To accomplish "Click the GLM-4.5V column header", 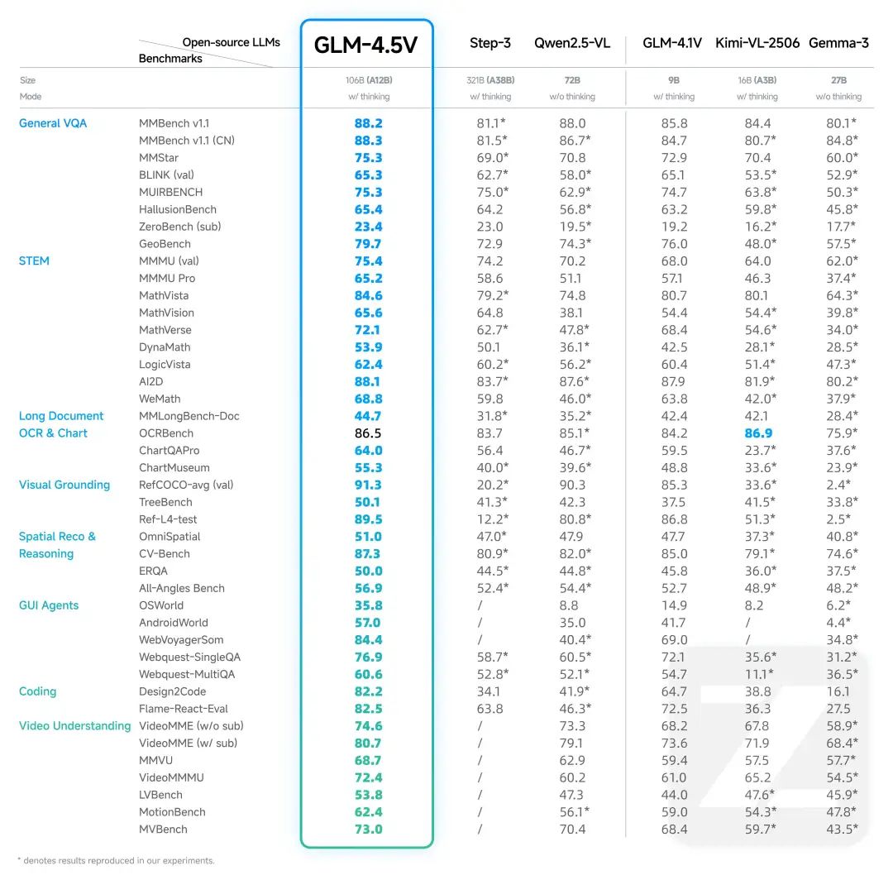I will click(366, 45).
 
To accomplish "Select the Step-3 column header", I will click(490, 43).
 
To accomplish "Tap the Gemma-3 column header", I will click(838, 43).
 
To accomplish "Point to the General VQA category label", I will click(53, 123).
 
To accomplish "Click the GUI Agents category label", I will click(49, 605).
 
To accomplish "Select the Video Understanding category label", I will click(74, 726).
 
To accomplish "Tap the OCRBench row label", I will click(166, 433).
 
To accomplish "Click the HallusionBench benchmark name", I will click(178, 209).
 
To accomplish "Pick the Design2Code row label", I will click(173, 691).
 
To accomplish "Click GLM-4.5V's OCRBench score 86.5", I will click(368, 433).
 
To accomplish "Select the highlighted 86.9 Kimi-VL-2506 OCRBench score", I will click(758, 433).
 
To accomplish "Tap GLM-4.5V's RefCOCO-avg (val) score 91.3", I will click(368, 485).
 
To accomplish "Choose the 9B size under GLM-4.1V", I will click(674, 80).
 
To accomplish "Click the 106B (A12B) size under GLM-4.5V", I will click(368, 80).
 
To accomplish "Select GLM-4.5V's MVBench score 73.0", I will click(368, 830).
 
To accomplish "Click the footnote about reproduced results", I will click(116, 861).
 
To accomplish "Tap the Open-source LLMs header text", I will click(231, 42).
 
